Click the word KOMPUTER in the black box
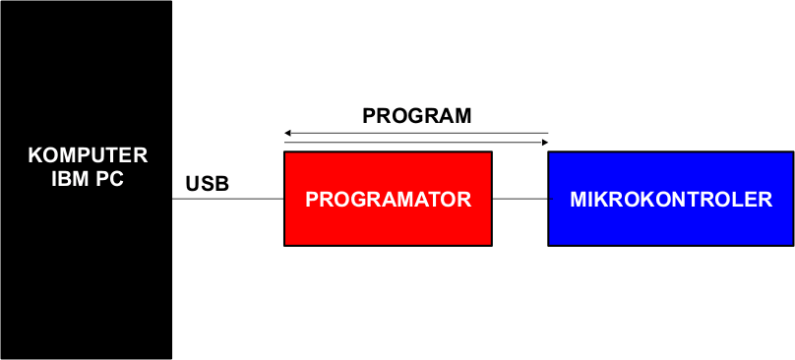tap(88, 155)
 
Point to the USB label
tap(208, 184)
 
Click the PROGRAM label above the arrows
tap(417, 116)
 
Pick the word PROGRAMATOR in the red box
tap(388, 200)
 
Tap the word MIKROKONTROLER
tap(671, 200)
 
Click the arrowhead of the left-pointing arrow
tap(287, 134)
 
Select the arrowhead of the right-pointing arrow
tap(545, 143)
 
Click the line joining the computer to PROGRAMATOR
tap(227, 199)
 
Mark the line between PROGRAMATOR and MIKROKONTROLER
tap(520, 199)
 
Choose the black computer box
tap(87, 180)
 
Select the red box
tap(388, 199)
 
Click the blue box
tap(671, 199)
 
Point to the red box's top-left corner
tap(284, 151)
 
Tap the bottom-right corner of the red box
tap(492, 246)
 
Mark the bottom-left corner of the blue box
tap(548, 246)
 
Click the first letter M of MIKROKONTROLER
tap(579, 200)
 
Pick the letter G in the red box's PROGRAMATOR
tap(358, 200)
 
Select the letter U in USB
tap(193, 184)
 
